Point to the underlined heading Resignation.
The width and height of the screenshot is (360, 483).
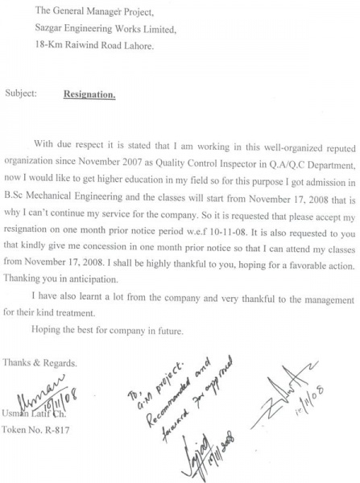click(x=90, y=94)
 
